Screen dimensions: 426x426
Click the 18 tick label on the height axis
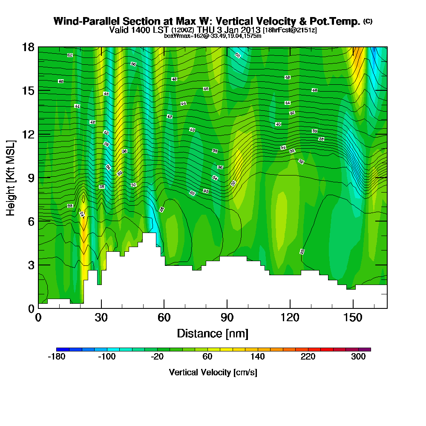point(28,47)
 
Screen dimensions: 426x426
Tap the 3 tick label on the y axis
point(30,265)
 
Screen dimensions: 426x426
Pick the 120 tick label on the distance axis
point(290,317)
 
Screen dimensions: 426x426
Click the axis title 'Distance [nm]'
point(213,333)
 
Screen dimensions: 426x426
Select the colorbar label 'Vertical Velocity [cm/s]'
point(213,372)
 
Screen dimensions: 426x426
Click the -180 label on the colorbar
point(57,357)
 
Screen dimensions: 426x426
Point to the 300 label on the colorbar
point(358,357)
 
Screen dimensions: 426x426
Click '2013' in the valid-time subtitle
point(251,30)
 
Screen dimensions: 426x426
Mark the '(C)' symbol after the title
point(368,21)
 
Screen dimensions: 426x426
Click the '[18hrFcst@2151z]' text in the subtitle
point(290,30)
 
